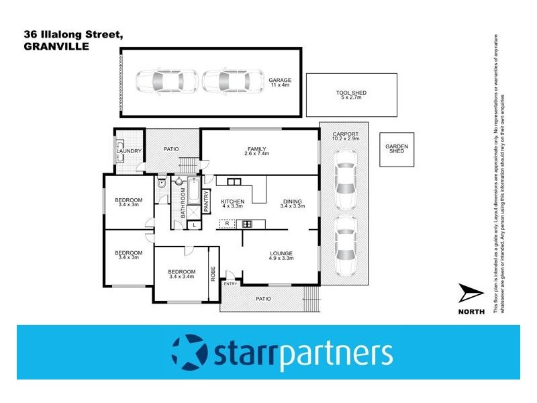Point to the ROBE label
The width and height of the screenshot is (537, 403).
(214, 273)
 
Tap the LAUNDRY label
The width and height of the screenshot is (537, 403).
(128, 151)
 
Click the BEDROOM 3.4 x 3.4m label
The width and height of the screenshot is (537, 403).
(181, 274)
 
